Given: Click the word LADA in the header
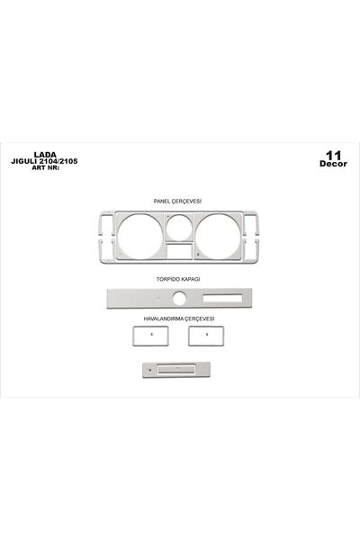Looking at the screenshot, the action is point(45,155).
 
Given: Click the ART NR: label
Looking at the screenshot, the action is point(46,168).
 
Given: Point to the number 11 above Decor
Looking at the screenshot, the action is point(333,156).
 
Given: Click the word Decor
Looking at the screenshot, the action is point(333,164).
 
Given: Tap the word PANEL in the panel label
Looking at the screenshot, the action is point(162,201).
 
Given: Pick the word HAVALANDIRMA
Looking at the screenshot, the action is point(164,319).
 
